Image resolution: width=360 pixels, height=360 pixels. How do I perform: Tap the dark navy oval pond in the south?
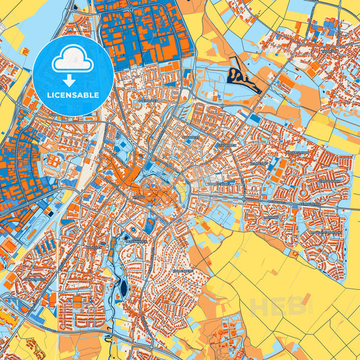pyautogui.click(x=123, y=288)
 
